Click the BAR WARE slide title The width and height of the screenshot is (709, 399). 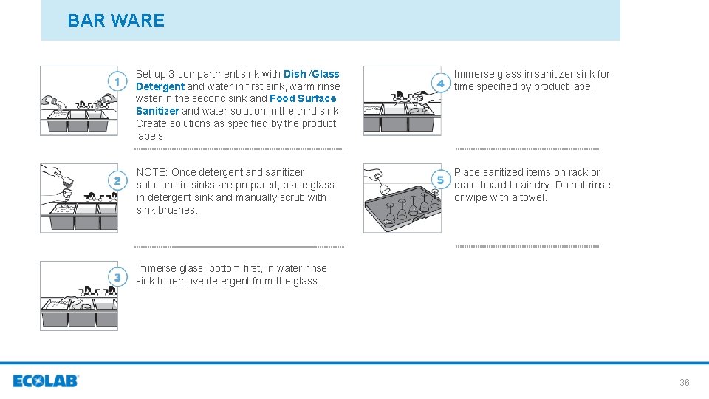[x=116, y=21]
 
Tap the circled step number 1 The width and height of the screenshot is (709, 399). [x=117, y=82]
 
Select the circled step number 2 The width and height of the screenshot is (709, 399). [x=117, y=181]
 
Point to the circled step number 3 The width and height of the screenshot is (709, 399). [x=117, y=277]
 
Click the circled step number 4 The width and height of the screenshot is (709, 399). [x=440, y=83]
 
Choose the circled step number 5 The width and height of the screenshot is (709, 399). [x=440, y=180]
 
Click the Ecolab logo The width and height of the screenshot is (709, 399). [x=46, y=381]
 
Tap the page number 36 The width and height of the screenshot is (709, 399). [x=685, y=383]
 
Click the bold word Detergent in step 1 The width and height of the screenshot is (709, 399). [x=160, y=86]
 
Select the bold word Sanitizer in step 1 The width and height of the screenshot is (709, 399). [x=157, y=111]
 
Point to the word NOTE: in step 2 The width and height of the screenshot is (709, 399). [x=152, y=172]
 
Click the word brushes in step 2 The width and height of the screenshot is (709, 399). [x=179, y=210]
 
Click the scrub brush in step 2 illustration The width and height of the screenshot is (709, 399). [x=67, y=182]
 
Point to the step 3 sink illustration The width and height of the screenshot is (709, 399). [x=79, y=296]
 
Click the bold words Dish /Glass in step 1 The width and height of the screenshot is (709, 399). [x=311, y=74]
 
